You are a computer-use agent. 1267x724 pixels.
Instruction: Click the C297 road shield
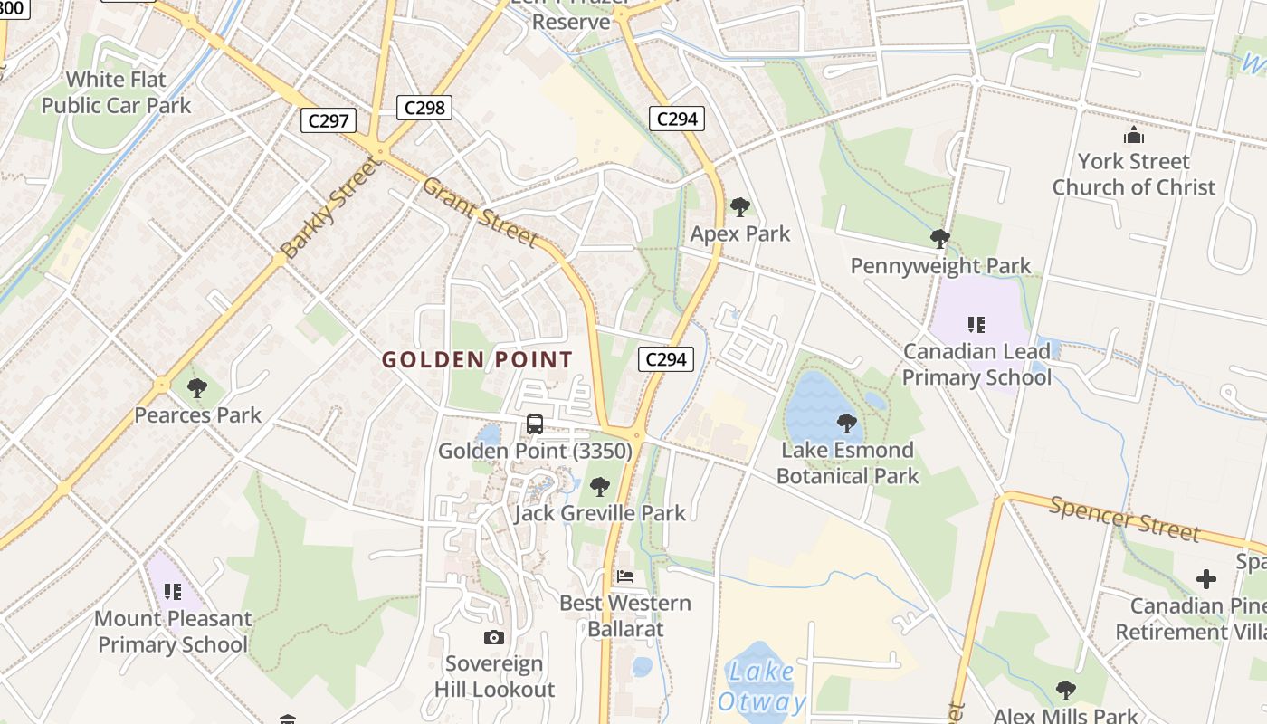(329, 120)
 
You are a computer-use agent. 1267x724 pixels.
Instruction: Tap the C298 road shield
(424, 108)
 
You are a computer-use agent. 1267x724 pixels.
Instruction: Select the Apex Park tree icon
(740, 207)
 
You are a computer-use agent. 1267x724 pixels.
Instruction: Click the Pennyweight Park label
(940, 266)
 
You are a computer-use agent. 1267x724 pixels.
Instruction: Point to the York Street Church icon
(1133, 137)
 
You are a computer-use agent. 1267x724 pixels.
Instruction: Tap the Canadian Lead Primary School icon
(976, 324)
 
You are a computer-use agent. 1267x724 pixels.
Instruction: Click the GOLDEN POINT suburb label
(477, 359)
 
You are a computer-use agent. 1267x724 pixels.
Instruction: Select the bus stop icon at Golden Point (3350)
(535, 424)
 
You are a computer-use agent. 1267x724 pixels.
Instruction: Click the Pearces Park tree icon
(196, 389)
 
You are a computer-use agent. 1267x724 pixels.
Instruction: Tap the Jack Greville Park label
(600, 513)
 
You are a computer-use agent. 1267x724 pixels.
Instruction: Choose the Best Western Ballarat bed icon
(624, 576)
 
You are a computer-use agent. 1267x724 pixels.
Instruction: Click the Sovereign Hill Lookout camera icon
(493, 637)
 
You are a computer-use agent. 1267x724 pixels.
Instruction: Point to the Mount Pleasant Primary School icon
(172, 592)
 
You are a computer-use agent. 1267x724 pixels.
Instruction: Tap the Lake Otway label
(761, 686)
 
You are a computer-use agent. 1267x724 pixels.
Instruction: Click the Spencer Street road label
(1124, 518)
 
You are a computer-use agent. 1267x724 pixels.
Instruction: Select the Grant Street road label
(480, 211)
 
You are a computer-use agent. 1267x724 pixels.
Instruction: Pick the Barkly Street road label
(328, 207)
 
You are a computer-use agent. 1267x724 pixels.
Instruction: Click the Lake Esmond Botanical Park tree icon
(847, 423)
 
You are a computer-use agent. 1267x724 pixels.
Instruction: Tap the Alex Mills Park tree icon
(1066, 691)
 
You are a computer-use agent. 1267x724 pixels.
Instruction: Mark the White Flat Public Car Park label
(117, 92)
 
